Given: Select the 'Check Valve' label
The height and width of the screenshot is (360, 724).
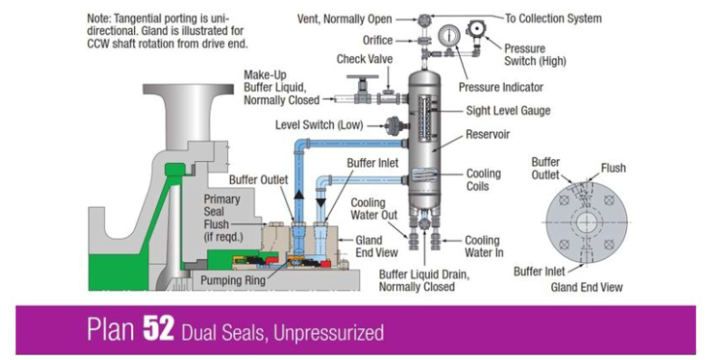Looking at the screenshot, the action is point(363,59).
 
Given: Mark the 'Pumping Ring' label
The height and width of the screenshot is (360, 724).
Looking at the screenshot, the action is point(230,280).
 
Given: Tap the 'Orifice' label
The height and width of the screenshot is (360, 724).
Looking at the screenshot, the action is point(377,40).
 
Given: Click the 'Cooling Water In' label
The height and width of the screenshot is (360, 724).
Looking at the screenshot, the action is point(481,246).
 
